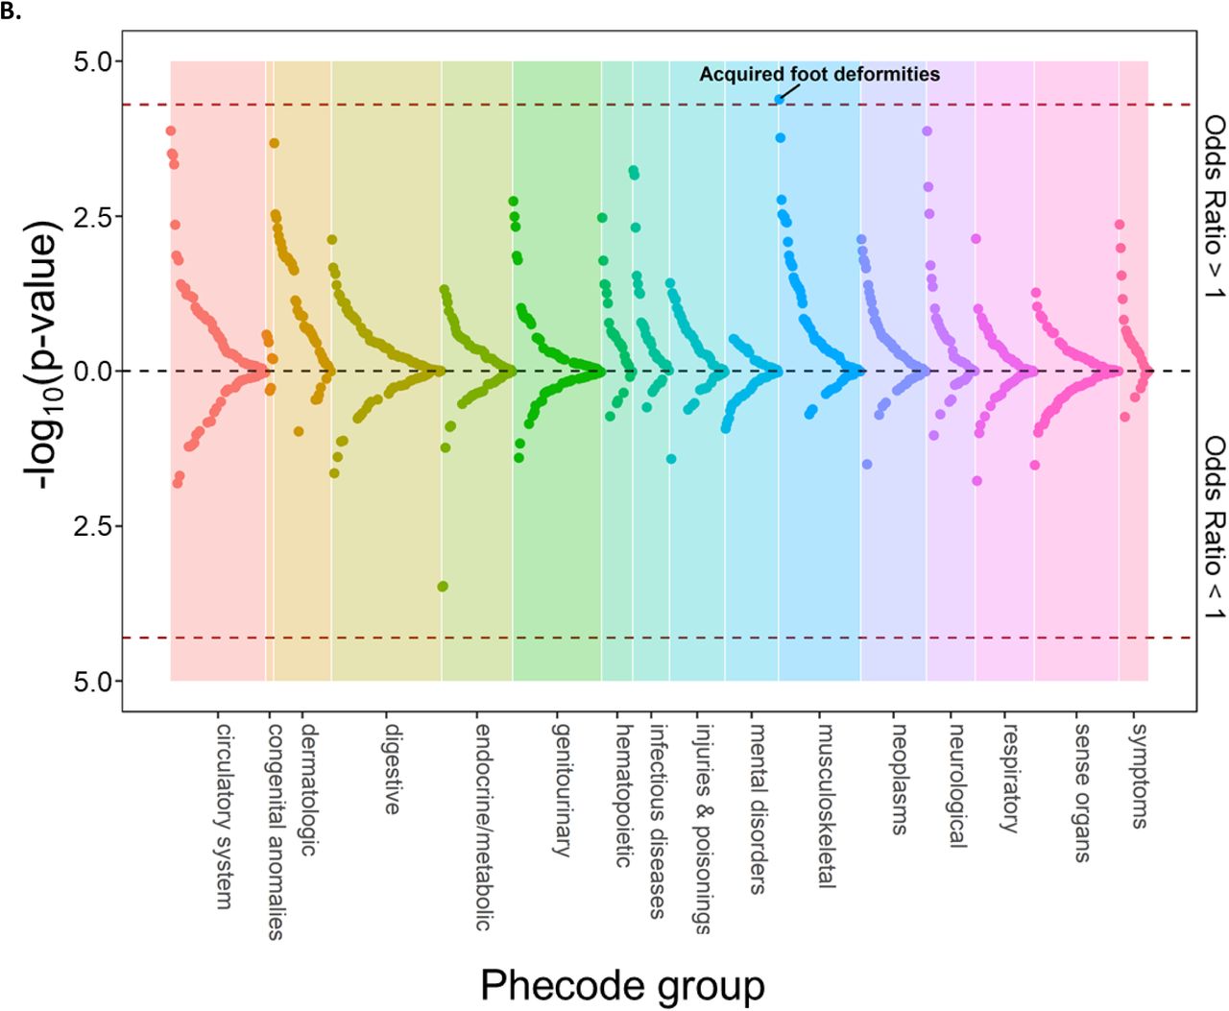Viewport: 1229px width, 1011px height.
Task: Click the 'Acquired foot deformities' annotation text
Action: click(x=819, y=74)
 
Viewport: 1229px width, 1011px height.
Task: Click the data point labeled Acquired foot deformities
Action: click(x=779, y=99)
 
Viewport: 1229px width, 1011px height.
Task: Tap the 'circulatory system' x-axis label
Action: click(x=225, y=816)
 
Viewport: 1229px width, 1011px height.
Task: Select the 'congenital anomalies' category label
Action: click(x=276, y=831)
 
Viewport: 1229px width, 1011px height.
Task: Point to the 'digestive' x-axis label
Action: click(x=393, y=769)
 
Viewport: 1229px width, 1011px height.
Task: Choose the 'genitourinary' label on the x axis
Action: click(x=561, y=790)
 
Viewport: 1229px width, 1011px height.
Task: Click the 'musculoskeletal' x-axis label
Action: click(x=826, y=806)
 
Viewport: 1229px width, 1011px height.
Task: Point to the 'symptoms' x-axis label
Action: click(x=1140, y=776)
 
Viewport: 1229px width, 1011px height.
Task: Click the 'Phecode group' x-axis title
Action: click(x=622, y=986)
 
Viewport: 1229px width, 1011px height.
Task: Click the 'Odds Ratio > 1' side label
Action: click(x=1215, y=206)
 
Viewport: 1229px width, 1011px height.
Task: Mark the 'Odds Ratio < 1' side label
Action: click(x=1215, y=528)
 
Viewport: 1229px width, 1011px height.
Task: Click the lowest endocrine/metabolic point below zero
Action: click(x=443, y=587)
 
